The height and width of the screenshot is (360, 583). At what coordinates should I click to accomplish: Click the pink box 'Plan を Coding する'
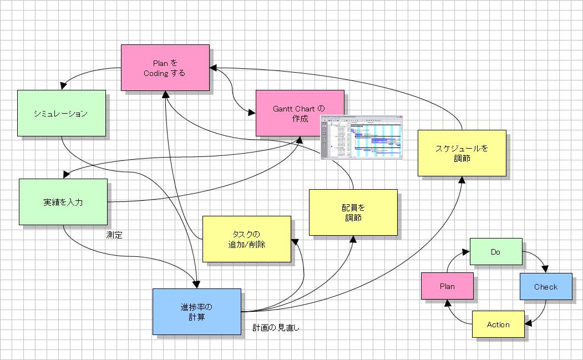click(165, 67)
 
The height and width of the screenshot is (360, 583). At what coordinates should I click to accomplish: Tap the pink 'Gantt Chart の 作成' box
click(300, 113)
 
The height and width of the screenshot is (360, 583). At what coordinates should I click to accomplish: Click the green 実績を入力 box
click(63, 202)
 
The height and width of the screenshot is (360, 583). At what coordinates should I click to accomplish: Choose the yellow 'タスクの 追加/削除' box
click(246, 239)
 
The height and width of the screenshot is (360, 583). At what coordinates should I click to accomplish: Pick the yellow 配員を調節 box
click(353, 212)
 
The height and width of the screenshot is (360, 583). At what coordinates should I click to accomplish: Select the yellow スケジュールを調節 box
click(462, 153)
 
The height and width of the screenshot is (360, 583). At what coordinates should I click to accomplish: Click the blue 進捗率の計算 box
click(196, 311)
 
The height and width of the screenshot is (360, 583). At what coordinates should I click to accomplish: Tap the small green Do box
click(496, 251)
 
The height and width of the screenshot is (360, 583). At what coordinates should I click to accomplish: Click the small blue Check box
click(546, 286)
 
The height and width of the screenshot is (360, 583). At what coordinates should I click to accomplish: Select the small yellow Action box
click(498, 324)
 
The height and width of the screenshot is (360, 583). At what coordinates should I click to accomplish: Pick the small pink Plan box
click(447, 286)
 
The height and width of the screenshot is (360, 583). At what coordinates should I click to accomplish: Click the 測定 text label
click(114, 235)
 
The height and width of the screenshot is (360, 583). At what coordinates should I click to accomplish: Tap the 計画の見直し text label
click(276, 328)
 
